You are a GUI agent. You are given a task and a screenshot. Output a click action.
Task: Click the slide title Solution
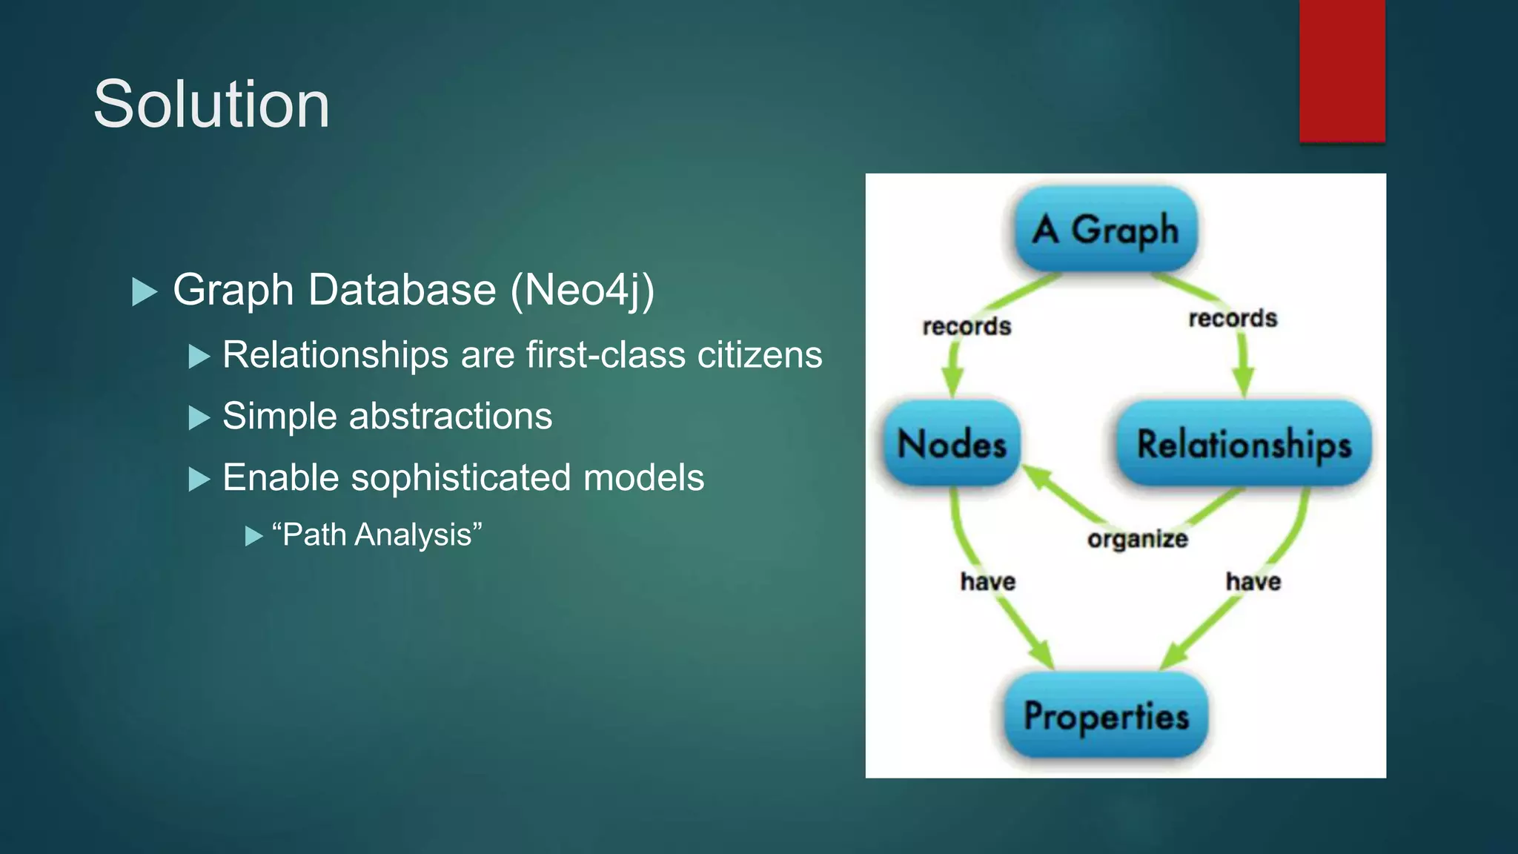tap(211, 105)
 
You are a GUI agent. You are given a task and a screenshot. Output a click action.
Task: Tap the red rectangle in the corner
tap(1342, 70)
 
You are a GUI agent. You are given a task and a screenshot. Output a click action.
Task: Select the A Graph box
tap(1105, 229)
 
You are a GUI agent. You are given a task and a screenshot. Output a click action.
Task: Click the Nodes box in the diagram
tap(952, 444)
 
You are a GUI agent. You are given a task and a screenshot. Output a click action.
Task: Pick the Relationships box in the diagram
tap(1244, 444)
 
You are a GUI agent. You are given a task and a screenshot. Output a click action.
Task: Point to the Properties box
tap(1106, 716)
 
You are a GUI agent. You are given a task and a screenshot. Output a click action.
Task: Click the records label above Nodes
tap(967, 326)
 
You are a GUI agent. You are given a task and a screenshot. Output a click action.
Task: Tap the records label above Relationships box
tap(1233, 318)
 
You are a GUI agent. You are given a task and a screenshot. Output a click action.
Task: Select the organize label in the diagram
tap(1137, 538)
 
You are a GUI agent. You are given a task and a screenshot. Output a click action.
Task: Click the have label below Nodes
tap(987, 581)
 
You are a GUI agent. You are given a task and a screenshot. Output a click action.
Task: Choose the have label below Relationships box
tap(1253, 581)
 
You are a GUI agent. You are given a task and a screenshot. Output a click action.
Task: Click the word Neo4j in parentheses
tap(582, 289)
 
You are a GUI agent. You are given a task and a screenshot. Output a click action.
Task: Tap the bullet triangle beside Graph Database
tap(144, 291)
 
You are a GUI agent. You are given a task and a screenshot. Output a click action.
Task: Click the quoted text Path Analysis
tap(377, 534)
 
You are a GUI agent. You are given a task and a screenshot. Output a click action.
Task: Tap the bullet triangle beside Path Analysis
tap(253, 536)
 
